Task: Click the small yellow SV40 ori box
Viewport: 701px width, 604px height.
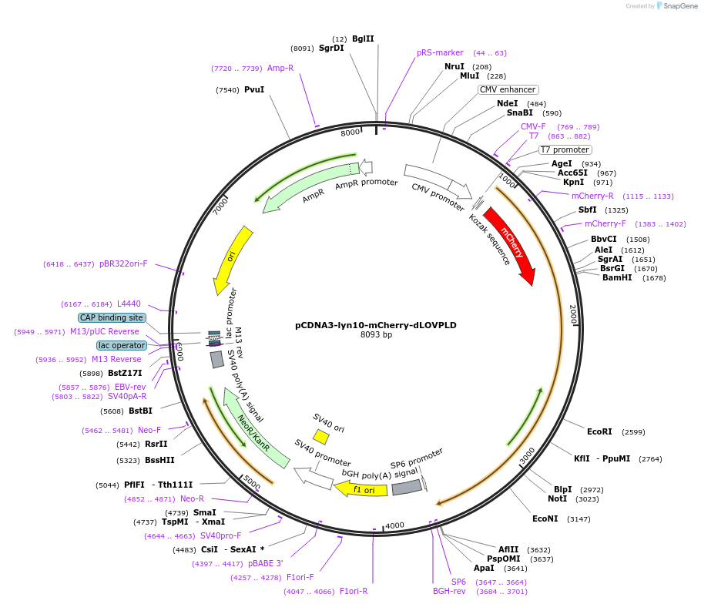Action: [x=321, y=437]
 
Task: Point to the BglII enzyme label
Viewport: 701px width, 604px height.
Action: [x=363, y=39]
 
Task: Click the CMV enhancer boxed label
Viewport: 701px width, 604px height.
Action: [x=508, y=89]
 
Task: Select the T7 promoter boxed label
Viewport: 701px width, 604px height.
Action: [x=565, y=149]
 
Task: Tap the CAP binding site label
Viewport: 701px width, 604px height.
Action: [x=112, y=317]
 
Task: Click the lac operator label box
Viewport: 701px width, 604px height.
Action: [x=121, y=345]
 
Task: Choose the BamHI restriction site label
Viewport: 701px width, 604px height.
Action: [x=617, y=277]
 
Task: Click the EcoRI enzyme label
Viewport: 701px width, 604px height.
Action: [x=599, y=431]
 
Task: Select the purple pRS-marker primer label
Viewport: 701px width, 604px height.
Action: [x=440, y=52]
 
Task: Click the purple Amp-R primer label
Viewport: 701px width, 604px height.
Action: [x=280, y=68]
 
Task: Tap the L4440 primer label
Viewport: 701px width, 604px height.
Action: [x=129, y=304]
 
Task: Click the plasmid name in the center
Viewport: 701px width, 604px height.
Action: [x=376, y=325]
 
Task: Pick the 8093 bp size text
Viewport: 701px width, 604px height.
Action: [x=376, y=335]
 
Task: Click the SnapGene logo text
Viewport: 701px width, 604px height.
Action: [x=676, y=6]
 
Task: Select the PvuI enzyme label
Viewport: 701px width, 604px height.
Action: [x=254, y=89]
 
